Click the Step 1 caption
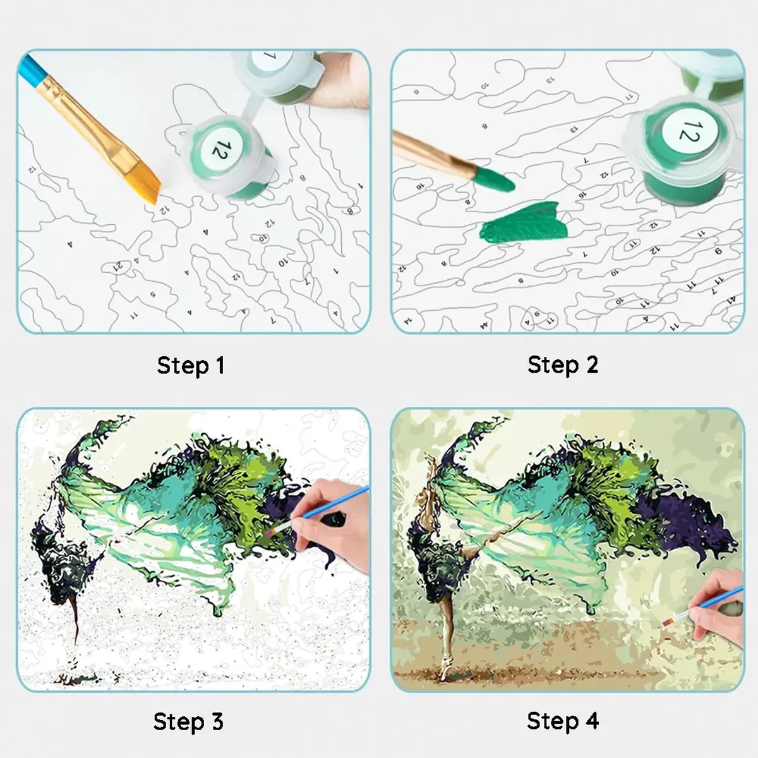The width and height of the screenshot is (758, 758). pos(191,365)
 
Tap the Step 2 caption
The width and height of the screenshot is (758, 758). pos(562,364)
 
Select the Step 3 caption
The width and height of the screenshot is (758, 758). pos(188,721)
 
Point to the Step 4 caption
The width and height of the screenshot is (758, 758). pos(562,721)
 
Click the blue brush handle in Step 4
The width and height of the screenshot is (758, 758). pos(695,607)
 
